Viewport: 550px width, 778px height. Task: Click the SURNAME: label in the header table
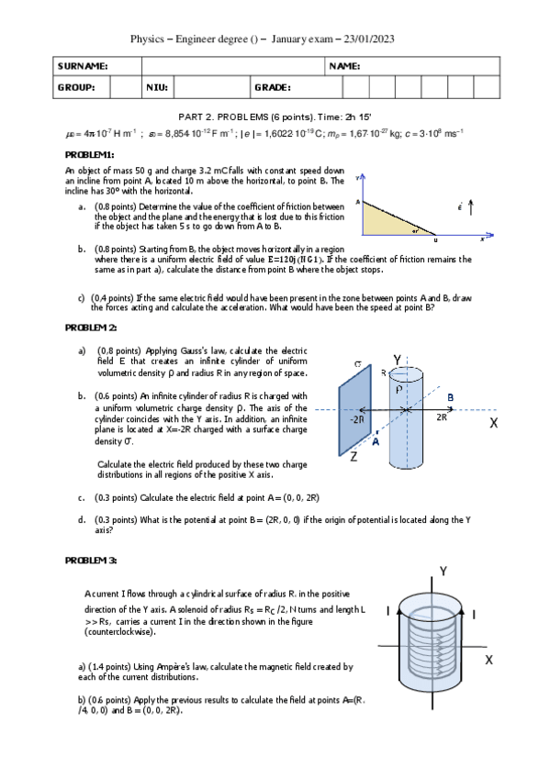(x=83, y=67)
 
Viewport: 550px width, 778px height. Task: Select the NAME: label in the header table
(x=343, y=67)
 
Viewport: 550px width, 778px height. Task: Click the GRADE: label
(x=273, y=87)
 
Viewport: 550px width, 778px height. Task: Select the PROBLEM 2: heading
(x=91, y=328)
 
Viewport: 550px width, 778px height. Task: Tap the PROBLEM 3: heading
(x=91, y=560)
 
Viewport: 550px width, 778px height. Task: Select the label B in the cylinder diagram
(x=450, y=396)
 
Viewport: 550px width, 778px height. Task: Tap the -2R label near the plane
(x=358, y=418)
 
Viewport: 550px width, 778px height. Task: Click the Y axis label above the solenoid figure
(x=443, y=572)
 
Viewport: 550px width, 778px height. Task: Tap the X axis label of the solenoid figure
(x=489, y=660)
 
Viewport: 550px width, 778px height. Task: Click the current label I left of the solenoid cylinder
(x=389, y=611)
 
